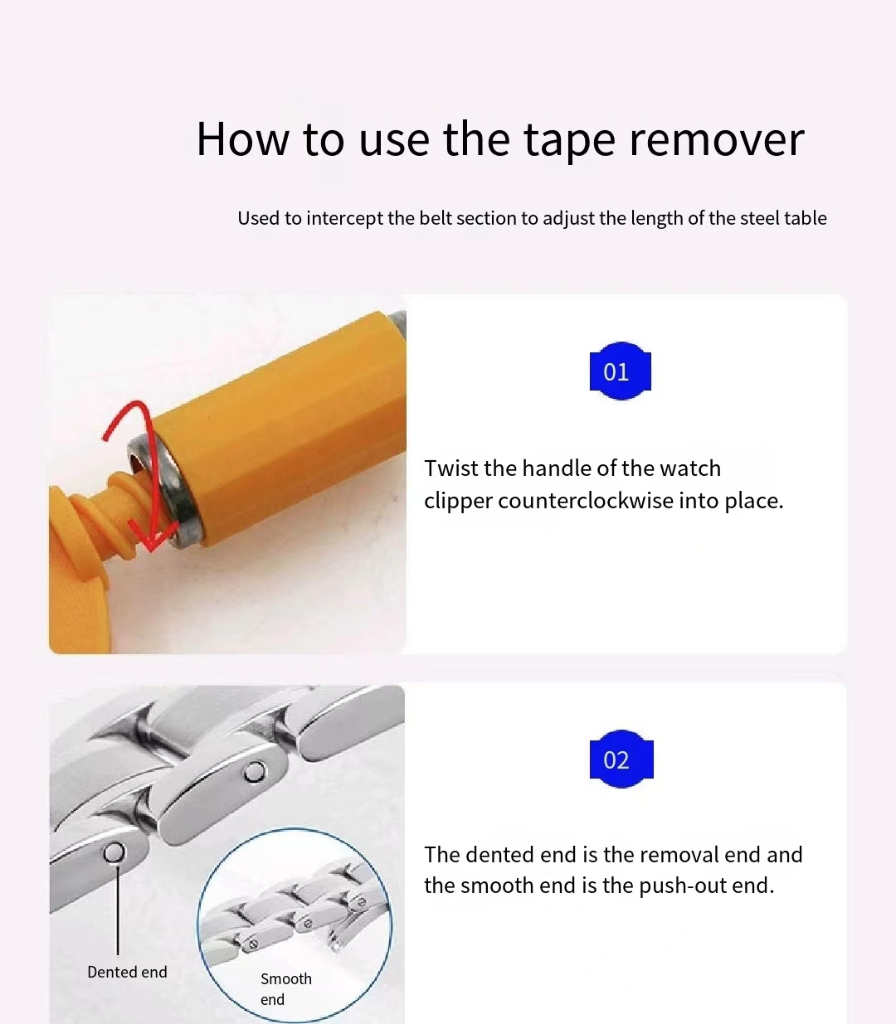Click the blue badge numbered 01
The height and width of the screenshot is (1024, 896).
[x=620, y=371]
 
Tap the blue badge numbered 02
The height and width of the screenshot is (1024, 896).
[x=621, y=760]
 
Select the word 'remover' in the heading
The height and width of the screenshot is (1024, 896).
[x=717, y=139]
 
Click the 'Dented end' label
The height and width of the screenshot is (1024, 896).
[x=127, y=972]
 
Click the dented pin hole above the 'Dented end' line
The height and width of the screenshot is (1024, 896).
[x=114, y=852]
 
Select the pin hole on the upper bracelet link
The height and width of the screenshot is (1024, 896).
[x=256, y=773]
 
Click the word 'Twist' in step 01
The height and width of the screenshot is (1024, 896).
[x=450, y=468]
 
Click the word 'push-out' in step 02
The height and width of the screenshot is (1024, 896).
[x=682, y=886]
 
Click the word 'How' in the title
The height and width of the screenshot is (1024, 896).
[x=242, y=139]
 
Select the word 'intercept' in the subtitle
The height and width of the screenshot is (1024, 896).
[x=344, y=218]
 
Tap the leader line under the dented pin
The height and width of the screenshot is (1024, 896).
[x=118, y=912]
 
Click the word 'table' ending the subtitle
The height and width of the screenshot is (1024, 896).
[x=806, y=218]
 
